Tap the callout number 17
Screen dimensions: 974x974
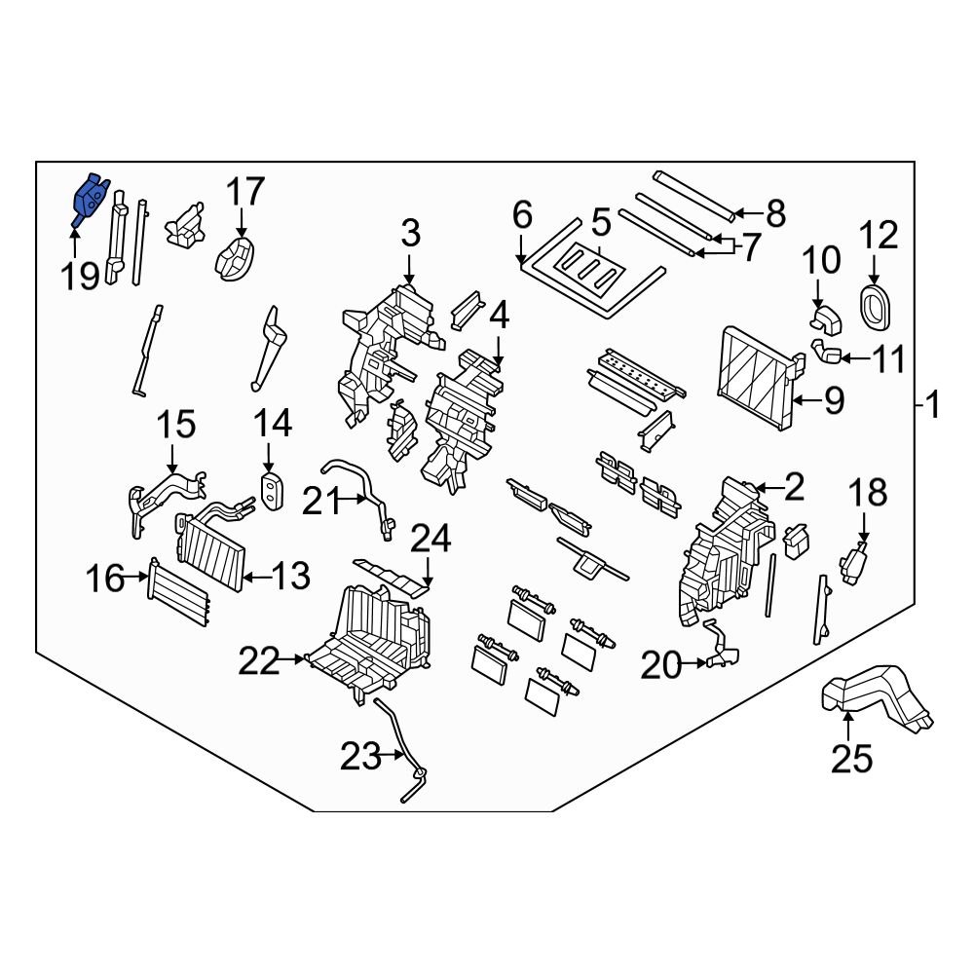coord(246,193)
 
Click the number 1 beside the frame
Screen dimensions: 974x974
coord(933,403)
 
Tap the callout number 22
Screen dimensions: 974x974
coord(259,662)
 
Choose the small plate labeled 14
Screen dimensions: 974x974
coord(272,490)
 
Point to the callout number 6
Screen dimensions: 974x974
coord(522,215)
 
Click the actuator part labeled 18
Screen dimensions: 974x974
coord(854,565)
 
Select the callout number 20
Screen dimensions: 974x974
coord(659,665)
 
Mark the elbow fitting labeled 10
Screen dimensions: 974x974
coord(824,317)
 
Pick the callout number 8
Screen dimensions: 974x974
coord(775,212)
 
